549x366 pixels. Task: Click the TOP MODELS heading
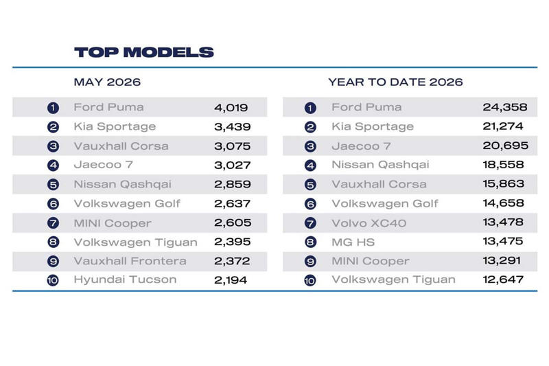point(144,52)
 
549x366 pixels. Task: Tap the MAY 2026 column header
point(107,82)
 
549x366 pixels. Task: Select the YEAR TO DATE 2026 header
point(396,82)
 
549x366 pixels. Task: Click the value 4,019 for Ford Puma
point(231,108)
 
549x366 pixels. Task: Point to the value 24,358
point(505,107)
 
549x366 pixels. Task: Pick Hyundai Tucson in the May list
point(125,279)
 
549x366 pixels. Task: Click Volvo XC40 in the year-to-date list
point(369,222)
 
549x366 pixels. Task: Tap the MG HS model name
point(353,242)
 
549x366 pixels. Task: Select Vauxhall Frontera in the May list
point(130,261)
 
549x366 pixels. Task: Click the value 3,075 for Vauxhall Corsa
point(233,146)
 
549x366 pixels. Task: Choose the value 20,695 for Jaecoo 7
point(505,146)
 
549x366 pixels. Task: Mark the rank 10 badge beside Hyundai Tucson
point(53,280)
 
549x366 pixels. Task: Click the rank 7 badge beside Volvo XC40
point(310,222)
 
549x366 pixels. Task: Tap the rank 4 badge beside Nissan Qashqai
point(310,165)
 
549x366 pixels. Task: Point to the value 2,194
point(231,280)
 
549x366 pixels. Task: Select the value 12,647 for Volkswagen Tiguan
point(503,279)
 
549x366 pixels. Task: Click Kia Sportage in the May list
point(115,126)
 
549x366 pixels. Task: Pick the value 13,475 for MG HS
point(503,241)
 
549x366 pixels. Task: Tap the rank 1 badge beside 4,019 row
point(53,108)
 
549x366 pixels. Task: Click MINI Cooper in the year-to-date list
point(371,261)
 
